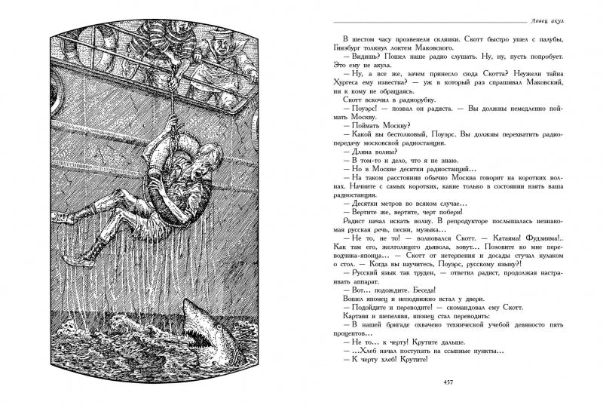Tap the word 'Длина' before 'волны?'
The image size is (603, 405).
click(358, 151)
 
